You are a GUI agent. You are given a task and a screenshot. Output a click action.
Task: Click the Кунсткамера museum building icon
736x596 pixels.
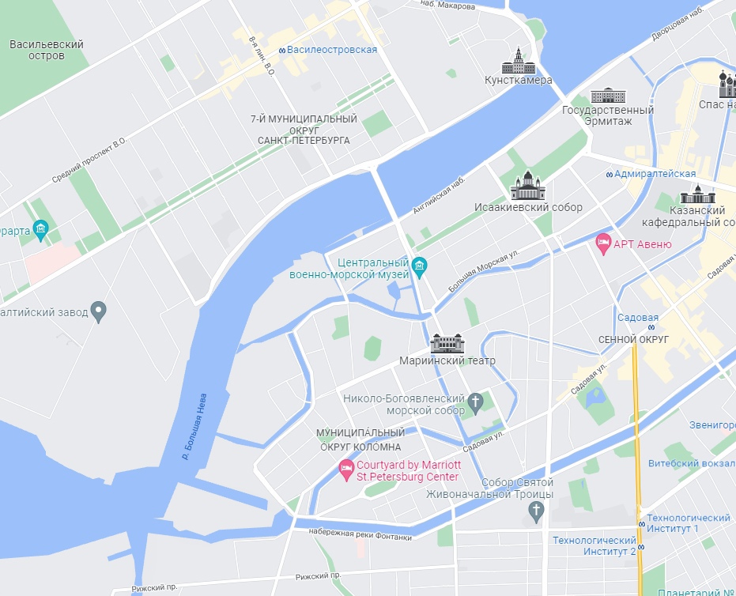[518, 61]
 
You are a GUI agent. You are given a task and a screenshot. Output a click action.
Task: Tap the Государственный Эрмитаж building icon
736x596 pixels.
[607, 96]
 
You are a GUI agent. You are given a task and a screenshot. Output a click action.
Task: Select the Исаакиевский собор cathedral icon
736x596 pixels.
[527, 187]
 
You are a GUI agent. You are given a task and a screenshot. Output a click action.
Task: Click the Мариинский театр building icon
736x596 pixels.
[447, 344]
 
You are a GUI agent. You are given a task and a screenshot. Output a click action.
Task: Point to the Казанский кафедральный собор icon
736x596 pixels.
[697, 194]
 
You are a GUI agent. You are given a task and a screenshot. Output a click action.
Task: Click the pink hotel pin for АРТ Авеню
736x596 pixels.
[603, 243]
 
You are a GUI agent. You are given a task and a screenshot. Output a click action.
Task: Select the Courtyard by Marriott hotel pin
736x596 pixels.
[345, 470]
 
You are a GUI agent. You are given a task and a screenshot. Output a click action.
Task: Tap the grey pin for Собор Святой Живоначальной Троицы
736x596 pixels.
[537, 511]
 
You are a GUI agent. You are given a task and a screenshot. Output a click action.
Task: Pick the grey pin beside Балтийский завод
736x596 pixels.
[99, 311]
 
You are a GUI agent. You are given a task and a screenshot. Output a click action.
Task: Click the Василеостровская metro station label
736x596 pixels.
[331, 50]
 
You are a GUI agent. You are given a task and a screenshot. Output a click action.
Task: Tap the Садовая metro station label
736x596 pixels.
[638, 318]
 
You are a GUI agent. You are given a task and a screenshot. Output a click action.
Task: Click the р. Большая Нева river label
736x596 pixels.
[194, 426]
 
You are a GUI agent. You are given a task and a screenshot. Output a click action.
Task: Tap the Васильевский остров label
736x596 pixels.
[47, 50]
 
